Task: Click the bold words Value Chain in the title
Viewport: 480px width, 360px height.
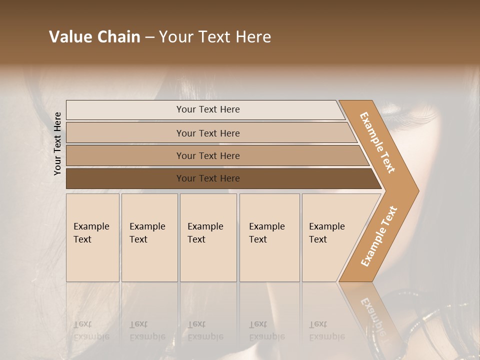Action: [94, 37]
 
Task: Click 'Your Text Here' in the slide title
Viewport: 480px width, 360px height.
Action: [215, 37]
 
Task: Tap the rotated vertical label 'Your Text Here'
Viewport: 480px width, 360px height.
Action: [57, 143]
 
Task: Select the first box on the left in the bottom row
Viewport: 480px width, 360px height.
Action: [92, 260]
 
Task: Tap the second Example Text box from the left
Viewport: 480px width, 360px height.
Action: [149, 260]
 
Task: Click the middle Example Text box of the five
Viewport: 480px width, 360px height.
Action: [208, 260]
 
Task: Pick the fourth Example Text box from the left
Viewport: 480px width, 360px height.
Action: [269, 260]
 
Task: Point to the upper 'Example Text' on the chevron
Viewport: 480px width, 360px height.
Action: [377, 142]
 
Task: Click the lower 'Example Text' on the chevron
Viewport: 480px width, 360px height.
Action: [378, 236]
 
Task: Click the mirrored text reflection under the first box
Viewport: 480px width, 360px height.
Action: [91, 330]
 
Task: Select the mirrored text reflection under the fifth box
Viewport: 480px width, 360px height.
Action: [326, 330]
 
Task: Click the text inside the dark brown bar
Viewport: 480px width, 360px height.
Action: [208, 178]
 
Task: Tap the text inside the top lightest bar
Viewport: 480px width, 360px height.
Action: [208, 109]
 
